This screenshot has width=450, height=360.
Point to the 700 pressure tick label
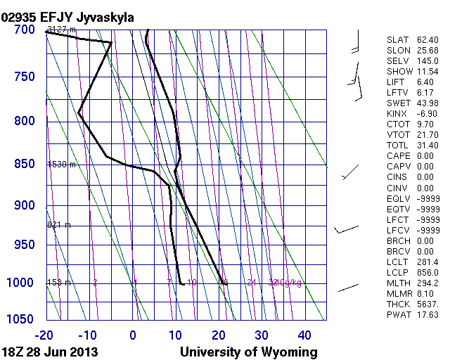pos(23,30)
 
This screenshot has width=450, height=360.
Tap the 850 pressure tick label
pos(23,164)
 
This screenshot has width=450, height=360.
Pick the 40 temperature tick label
pos(304,335)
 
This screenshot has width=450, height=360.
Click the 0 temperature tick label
pos(134,335)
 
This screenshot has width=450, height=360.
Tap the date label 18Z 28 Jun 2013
pos(49,352)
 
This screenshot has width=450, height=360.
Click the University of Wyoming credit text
pos(249,352)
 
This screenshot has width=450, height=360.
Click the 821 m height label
pos(59,225)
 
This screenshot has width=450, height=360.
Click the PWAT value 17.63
pos(427,315)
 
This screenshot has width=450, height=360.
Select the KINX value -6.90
pos(427,114)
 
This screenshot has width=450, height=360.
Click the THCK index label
pos(398,304)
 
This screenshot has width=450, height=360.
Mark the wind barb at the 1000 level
pos(349,288)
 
